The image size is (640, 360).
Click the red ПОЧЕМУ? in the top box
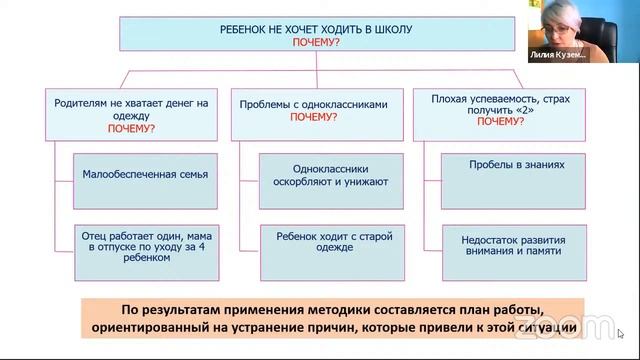pyautogui.click(x=315, y=43)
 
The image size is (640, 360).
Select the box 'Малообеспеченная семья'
pyautogui.click(x=146, y=174)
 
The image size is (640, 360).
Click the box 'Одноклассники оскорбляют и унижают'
pyautogui.click(x=326, y=175)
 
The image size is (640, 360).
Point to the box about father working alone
pyautogui.click(x=146, y=244)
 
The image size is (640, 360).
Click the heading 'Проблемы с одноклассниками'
pyautogui.click(x=312, y=103)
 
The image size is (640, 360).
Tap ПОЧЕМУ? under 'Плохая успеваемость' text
pyautogui.click(x=500, y=121)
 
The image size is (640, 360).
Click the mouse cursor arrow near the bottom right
pyautogui.click(x=621, y=333)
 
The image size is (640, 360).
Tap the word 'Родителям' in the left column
pyautogui.click(x=80, y=103)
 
